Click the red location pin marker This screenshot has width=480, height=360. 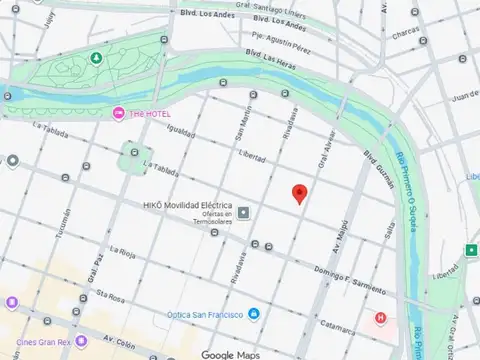(x=299, y=193)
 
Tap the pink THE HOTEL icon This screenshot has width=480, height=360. (x=119, y=112)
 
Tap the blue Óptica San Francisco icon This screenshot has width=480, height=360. (x=253, y=314)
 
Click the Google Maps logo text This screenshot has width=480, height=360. (x=230, y=354)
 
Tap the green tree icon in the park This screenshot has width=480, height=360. (x=95, y=59)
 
